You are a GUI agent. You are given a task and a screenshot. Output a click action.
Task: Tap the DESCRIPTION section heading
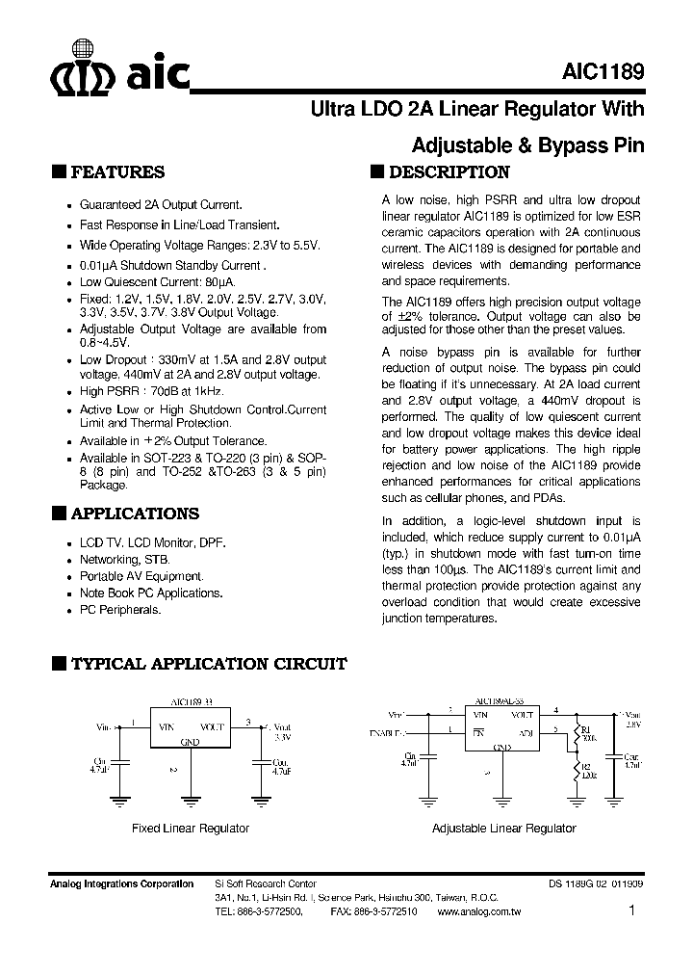(x=448, y=172)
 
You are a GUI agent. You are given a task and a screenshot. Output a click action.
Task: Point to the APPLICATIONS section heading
(x=135, y=514)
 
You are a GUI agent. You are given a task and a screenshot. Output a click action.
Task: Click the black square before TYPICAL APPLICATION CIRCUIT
(x=59, y=664)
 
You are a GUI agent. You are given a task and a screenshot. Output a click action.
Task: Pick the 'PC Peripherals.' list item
(x=120, y=610)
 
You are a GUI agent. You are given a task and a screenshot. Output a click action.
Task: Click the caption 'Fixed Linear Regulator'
(x=190, y=829)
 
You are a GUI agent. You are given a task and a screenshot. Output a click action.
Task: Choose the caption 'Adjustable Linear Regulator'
(x=503, y=829)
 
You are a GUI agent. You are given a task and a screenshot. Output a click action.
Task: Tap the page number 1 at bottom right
(x=631, y=910)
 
